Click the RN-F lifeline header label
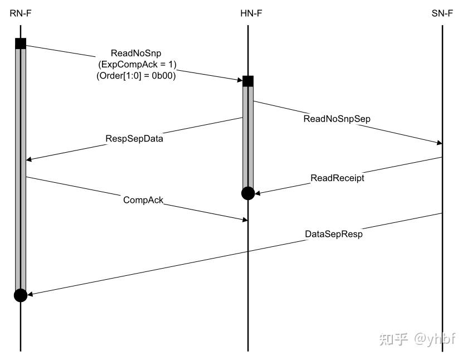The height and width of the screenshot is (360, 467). [20, 13]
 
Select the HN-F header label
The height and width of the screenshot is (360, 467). [247, 13]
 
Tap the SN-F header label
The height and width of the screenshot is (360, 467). [442, 13]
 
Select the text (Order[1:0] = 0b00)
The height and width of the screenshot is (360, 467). [136, 76]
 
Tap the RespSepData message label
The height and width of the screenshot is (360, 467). [134, 138]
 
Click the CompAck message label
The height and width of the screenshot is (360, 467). [143, 200]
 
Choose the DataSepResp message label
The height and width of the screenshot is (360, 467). [334, 234]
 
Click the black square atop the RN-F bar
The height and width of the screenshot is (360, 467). [21, 44]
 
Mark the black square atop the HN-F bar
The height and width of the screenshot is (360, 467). [248, 81]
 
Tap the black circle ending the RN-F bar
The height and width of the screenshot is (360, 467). [21, 295]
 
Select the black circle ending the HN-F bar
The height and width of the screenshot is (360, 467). [248, 193]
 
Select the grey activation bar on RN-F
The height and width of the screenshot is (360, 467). [21, 167]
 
